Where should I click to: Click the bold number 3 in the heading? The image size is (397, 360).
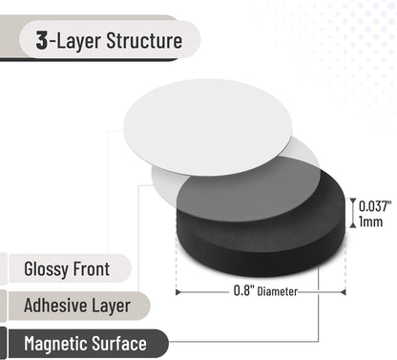tap(42, 40)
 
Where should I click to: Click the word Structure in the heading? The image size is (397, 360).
tap(144, 41)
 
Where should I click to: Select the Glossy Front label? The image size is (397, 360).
tap(67, 269)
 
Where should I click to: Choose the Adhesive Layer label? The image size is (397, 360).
tap(77, 306)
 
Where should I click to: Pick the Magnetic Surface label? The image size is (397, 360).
tap(85, 344)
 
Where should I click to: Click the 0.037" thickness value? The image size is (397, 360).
tap(375, 206)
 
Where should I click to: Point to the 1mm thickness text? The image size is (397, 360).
tap(370, 222)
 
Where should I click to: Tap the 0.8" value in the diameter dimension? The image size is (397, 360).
tap(241, 290)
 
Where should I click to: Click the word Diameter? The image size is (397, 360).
tap(278, 291)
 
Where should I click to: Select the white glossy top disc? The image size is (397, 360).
tap(208, 127)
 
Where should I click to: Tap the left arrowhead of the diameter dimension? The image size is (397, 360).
tap(178, 292)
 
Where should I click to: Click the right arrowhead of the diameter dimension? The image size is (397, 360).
tap(344, 292)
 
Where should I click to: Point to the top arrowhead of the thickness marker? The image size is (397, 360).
tap(353, 201)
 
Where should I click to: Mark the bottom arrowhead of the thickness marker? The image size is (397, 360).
tap(353, 225)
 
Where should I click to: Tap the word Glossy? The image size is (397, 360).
tap(46, 269)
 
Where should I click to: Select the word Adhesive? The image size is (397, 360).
tap(55, 306)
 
